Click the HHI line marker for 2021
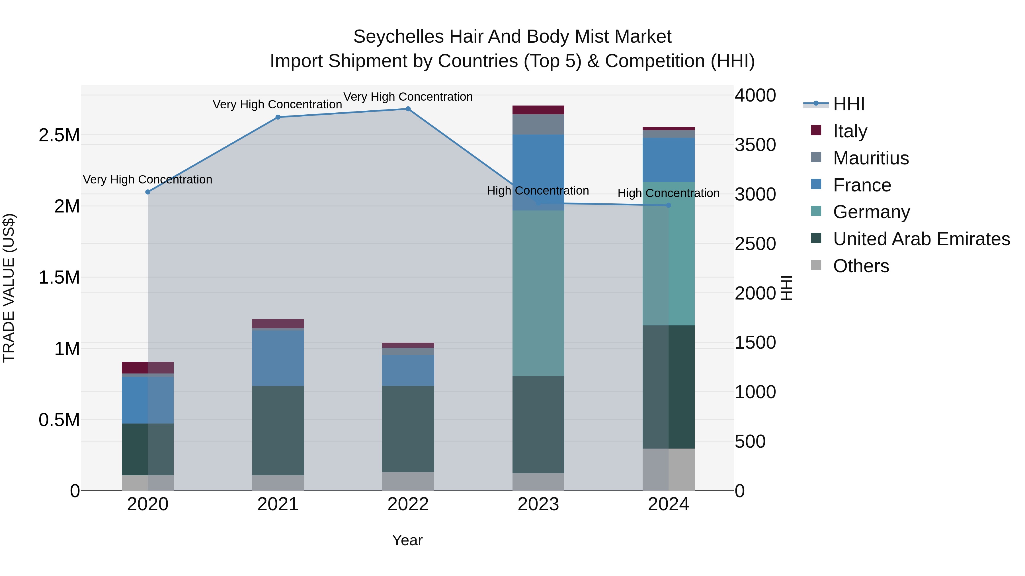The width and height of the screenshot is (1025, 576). point(278,117)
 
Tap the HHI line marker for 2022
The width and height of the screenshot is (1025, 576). point(408,109)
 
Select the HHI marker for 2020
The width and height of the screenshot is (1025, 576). point(147,192)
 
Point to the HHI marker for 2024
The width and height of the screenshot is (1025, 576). point(669,206)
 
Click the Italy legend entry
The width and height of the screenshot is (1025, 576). point(850,131)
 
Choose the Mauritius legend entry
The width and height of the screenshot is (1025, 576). point(871,158)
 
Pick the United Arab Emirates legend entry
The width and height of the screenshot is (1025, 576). point(921,239)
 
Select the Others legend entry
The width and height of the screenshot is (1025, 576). point(861,266)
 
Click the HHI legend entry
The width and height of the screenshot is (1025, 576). point(848,104)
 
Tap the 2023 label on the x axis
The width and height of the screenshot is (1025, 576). point(538,504)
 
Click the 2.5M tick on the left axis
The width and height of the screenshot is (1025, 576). point(59,136)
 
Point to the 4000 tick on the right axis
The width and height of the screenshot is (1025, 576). point(755,95)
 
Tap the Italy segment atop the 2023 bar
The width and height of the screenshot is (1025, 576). point(538,110)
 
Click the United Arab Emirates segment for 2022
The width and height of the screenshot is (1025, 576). point(408,429)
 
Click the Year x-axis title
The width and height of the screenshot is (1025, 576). point(407,540)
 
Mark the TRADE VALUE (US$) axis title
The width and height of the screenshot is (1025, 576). point(9,288)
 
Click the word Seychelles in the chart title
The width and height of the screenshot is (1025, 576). point(398,37)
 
